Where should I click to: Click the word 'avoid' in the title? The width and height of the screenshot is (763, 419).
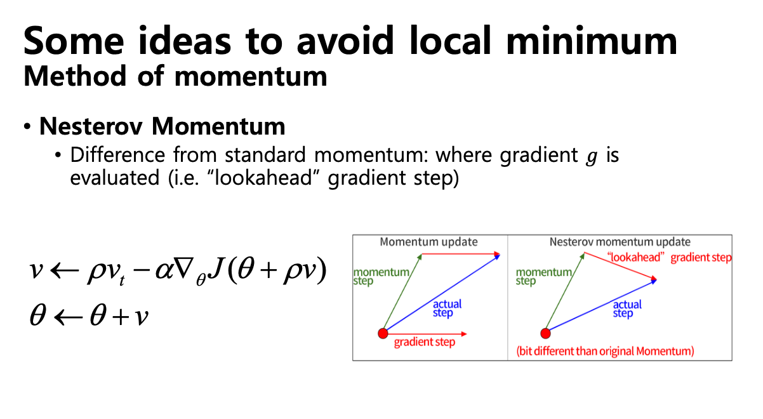coord(345,41)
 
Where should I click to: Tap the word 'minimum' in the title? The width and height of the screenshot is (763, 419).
coord(592,41)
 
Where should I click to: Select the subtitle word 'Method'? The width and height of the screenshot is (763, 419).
coord(75,76)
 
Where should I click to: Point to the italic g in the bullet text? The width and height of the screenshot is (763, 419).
coord(592,156)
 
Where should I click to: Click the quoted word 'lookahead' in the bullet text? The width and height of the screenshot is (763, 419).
coord(263,178)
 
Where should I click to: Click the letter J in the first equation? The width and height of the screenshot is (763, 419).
coord(215,269)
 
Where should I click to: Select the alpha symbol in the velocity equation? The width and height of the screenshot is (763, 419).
coord(164,271)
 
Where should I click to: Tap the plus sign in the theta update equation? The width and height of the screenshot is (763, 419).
coord(121,317)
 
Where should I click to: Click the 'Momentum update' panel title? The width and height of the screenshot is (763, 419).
coord(428,242)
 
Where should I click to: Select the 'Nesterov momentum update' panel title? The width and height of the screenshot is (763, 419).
coord(620,242)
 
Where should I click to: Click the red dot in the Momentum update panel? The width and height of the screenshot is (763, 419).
coord(383,333)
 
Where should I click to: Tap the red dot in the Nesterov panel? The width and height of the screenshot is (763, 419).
coord(545,333)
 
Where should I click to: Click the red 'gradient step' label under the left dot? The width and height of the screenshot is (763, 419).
coord(425,342)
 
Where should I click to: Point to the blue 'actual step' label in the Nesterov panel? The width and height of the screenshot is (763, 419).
coord(627,309)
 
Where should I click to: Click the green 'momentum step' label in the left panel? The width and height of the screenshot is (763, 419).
coord(381,277)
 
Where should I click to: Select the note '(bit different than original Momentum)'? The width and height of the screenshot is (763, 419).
coord(605,351)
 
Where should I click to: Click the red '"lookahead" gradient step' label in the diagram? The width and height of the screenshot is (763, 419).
coord(669,258)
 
